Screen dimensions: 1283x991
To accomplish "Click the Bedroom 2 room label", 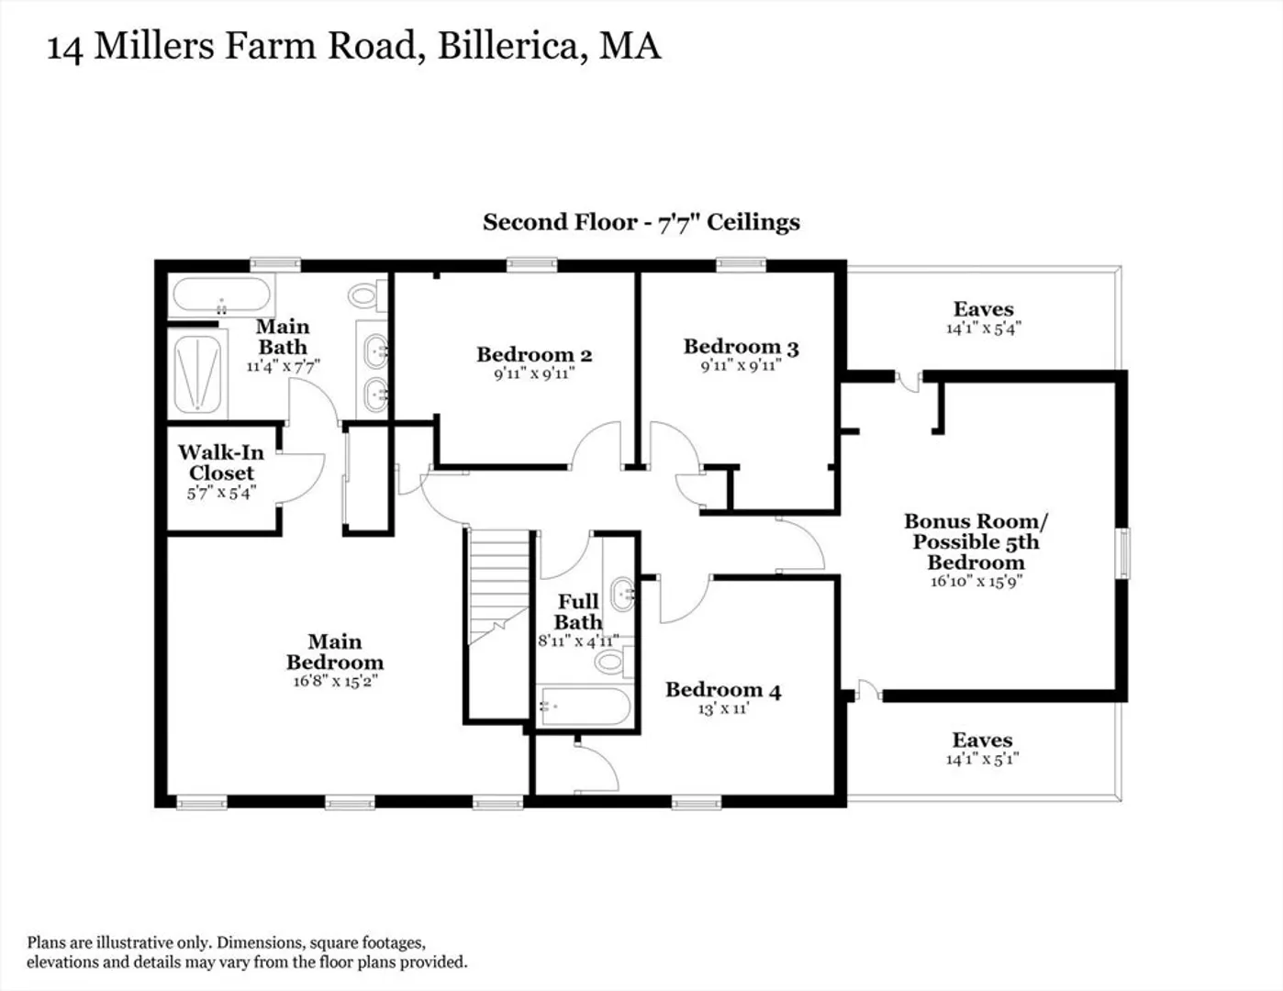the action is [x=534, y=354].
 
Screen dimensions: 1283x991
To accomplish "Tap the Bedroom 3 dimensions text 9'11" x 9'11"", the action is [x=741, y=366].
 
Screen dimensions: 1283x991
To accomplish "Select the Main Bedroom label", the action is [x=335, y=651].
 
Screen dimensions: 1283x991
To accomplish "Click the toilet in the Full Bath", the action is [x=614, y=662].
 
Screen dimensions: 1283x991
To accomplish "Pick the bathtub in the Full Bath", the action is [x=586, y=706].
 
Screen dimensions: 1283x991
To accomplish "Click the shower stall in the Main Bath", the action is [x=198, y=373].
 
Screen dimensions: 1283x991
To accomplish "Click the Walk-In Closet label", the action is [x=221, y=462].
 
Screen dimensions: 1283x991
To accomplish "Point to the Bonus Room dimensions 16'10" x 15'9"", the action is [x=976, y=582].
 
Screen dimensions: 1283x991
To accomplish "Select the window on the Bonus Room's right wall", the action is [x=1125, y=553].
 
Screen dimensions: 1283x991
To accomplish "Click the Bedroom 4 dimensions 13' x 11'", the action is [x=723, y=709].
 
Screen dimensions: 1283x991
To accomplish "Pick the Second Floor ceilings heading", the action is [x=641, y=223].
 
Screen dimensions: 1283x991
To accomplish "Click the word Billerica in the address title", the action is [x=512, y=47].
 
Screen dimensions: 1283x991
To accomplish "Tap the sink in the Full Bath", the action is [x=623, y=594].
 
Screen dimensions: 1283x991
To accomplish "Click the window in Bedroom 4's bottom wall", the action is [x=697, y=803].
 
